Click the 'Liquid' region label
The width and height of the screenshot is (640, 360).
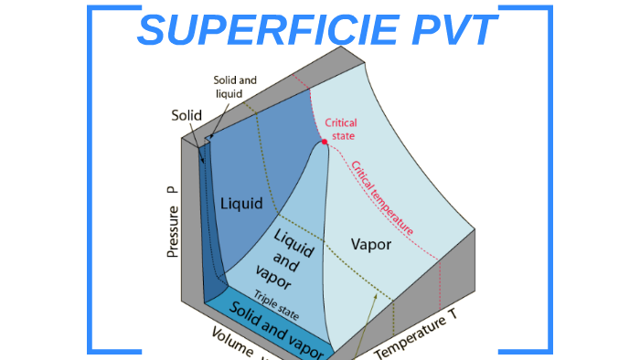click(241, 203)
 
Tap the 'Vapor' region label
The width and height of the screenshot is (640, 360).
click(371, 245)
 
